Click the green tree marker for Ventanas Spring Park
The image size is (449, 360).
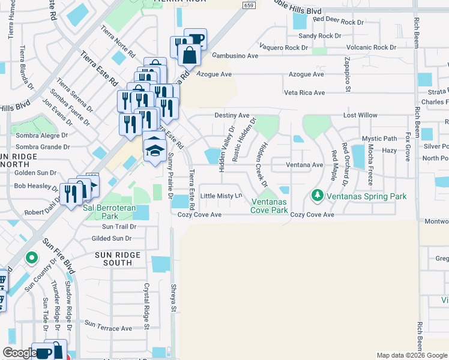[317, 196]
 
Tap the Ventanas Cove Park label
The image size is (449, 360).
[269, 205]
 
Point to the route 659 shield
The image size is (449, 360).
[249, 5]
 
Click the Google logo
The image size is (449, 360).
[19, 353]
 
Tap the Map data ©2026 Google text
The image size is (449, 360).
[411, 355]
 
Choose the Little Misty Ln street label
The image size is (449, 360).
[221, 196]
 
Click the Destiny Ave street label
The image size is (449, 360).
[232, 115]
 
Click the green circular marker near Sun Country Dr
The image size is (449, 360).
[32, 258]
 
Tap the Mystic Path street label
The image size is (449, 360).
[379, 139]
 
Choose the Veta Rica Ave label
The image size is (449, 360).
[304, 93]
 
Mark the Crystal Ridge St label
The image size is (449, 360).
[146, 306]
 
